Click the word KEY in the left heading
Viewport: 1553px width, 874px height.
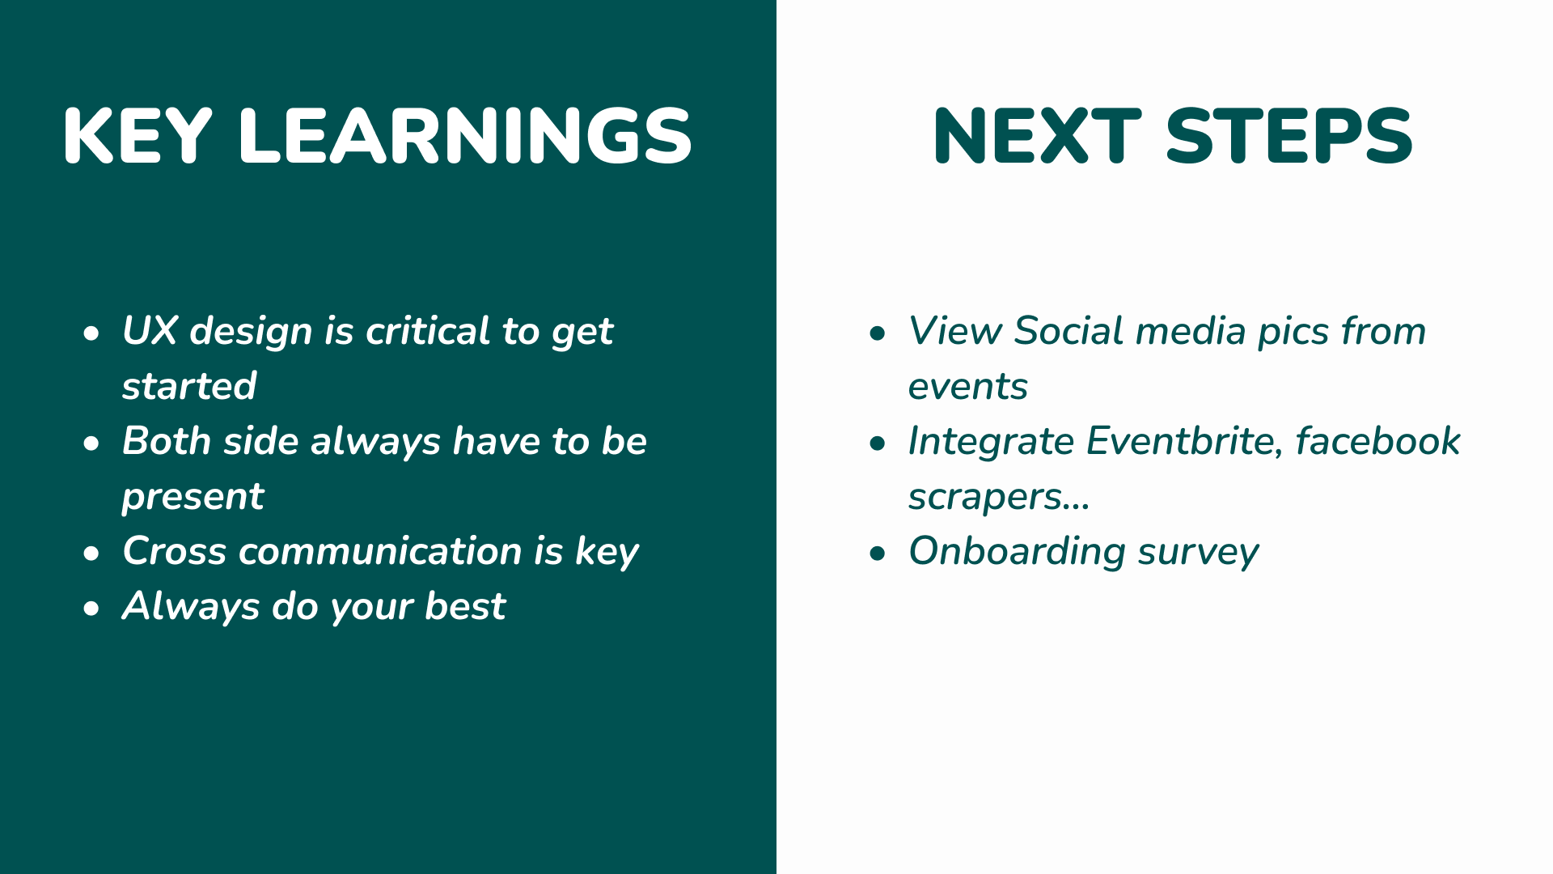click(138, 136)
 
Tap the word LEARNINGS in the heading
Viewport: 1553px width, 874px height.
click(466, 136)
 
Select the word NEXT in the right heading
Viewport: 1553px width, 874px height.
click(1037, 136)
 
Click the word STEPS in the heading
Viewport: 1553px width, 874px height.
click(1289, 136)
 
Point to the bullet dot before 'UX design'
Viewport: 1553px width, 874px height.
click(91, 333)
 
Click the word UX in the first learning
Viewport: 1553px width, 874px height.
click(150, 331)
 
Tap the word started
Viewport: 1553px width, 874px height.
click(189, 386)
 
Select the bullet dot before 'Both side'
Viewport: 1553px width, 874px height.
click(91, 443)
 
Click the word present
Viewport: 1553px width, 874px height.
click(193, 497)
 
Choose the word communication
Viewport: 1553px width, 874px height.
click(380, 551)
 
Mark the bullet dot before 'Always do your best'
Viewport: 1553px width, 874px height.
click(91, 609)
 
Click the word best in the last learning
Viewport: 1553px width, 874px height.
click(465, 606)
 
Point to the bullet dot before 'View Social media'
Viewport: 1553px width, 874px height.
click(878, 333)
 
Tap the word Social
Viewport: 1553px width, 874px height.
click(1068, 331)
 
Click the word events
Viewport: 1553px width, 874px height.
click(967, 387)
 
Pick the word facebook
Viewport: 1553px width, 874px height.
click(1378, 441)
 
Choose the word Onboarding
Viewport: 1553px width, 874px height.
click(1018, 552)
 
